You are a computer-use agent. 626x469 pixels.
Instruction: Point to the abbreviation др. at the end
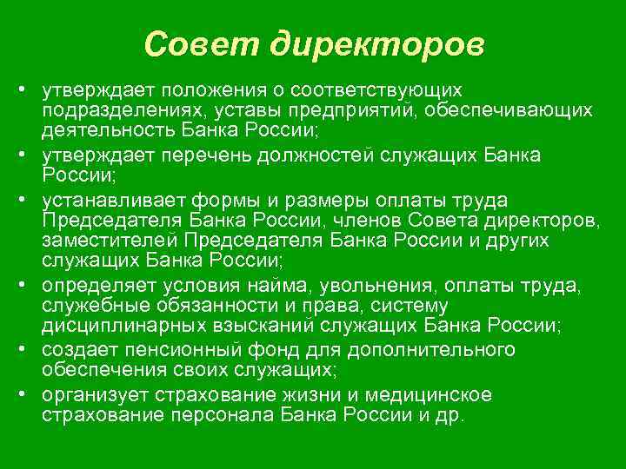451,415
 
